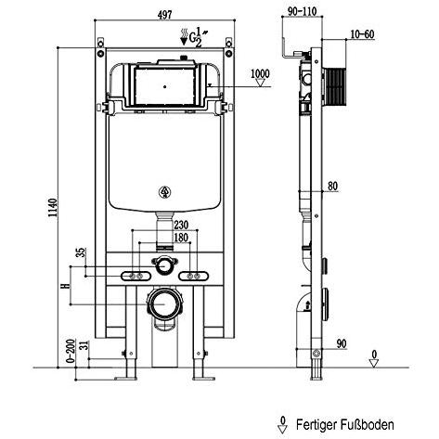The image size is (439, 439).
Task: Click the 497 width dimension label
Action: [x=164, y=15]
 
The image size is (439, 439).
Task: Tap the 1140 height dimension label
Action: [x=53, y=207]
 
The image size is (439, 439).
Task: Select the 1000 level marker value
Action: [x=260, y=74]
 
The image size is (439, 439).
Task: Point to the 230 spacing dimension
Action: [x=181, y=225]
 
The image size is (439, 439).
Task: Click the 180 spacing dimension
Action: [x=181, y=238]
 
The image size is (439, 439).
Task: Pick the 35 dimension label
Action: [x=81, y=252]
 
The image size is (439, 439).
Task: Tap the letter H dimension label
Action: [x=66, y=286]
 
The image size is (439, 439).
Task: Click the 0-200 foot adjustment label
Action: [x=71, y=351]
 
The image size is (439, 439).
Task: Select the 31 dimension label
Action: [x=84, y=345]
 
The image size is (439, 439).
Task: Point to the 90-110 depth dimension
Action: [x=303, y=11]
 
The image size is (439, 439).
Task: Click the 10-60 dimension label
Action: [x=362, y=34]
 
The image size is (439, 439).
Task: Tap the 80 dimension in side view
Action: [x=332, y=186]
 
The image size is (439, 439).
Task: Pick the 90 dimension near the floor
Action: [x=342, y=343]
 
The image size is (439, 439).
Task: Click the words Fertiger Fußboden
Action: [x=345, y=425]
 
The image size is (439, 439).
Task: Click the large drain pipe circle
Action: [x=164, y=304]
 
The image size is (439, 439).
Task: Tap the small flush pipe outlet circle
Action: [x=164, y=265]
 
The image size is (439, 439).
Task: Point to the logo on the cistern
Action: [x=165, y=192]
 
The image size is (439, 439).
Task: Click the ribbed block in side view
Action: [x=335, y=86]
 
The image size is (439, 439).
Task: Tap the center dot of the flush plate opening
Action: [x=165, y=87]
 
